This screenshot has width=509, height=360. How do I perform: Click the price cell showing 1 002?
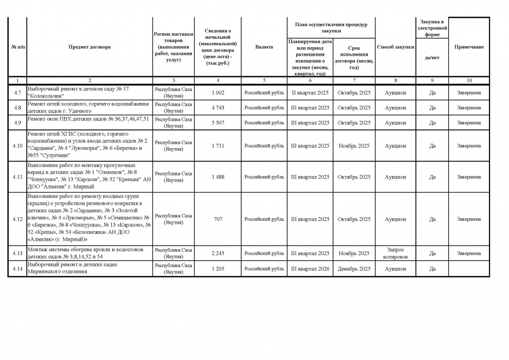click(218, 92)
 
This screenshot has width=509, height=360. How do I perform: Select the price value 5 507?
click(218, 122)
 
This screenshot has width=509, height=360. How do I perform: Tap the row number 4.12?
click(17, 219)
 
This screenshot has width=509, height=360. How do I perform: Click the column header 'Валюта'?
click(264, 47)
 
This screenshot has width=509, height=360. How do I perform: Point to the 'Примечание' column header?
click(469, 47)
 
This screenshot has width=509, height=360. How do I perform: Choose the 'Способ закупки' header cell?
click(396, 47)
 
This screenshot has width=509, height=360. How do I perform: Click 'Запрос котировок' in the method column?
click(396, 254)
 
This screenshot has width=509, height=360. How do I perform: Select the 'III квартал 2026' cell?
click(310, 269)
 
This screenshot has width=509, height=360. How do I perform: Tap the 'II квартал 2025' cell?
click(310, 92)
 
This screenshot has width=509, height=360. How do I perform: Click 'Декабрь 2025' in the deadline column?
click(354, 269)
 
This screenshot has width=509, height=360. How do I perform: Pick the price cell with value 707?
click(218, 219)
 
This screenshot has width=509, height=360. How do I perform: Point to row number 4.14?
click(17, 269)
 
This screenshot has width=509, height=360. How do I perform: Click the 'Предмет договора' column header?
click(89, 47)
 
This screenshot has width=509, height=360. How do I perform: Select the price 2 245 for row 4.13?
click(218, 254)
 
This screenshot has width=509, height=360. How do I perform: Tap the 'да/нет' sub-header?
click(432, 57)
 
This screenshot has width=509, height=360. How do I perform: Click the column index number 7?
click(354, 80)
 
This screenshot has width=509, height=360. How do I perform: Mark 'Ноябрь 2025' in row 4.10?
click(354, 146)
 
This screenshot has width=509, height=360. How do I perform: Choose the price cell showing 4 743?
click(218, 107)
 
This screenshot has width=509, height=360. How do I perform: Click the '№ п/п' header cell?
click(17, 47)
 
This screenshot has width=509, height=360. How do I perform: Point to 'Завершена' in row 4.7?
click(469, 92)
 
